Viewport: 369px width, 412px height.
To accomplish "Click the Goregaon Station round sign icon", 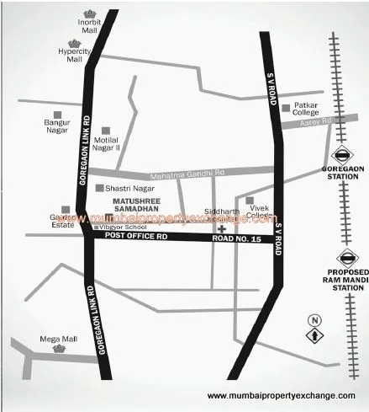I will tap(343, 155).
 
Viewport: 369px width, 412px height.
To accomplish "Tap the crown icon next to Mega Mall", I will tap(57, 348).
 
